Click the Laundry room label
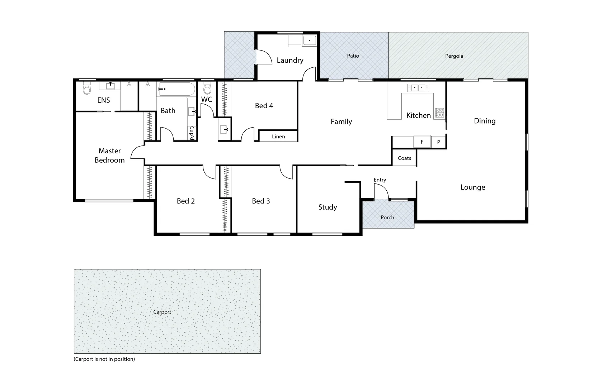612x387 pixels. (x=290, y=60)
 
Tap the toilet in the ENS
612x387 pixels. (x=87, y=88)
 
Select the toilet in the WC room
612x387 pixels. (x=207, y=88)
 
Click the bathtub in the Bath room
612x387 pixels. (x=176, y=89)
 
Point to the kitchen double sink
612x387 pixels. (x=418, y=87)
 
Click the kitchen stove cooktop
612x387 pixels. (x=439, y=113)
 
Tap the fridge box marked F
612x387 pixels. (x=422, y=142)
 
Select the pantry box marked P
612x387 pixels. (x=438, y=142)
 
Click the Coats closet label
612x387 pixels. (x=404, y=158)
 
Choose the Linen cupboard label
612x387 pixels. (x=278, y=137)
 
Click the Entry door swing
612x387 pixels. (x=380, y=192)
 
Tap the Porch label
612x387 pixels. (x=387, y=218)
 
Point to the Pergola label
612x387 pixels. (x=454, y=56)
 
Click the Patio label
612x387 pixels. (x=353, y=56)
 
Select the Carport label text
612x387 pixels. (x=162, y=312)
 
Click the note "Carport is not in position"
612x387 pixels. (x=104, y=359)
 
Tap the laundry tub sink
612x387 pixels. (x=309, y=40)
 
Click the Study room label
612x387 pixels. (x=328, y=207)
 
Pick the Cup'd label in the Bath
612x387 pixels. (x=192, y=133)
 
